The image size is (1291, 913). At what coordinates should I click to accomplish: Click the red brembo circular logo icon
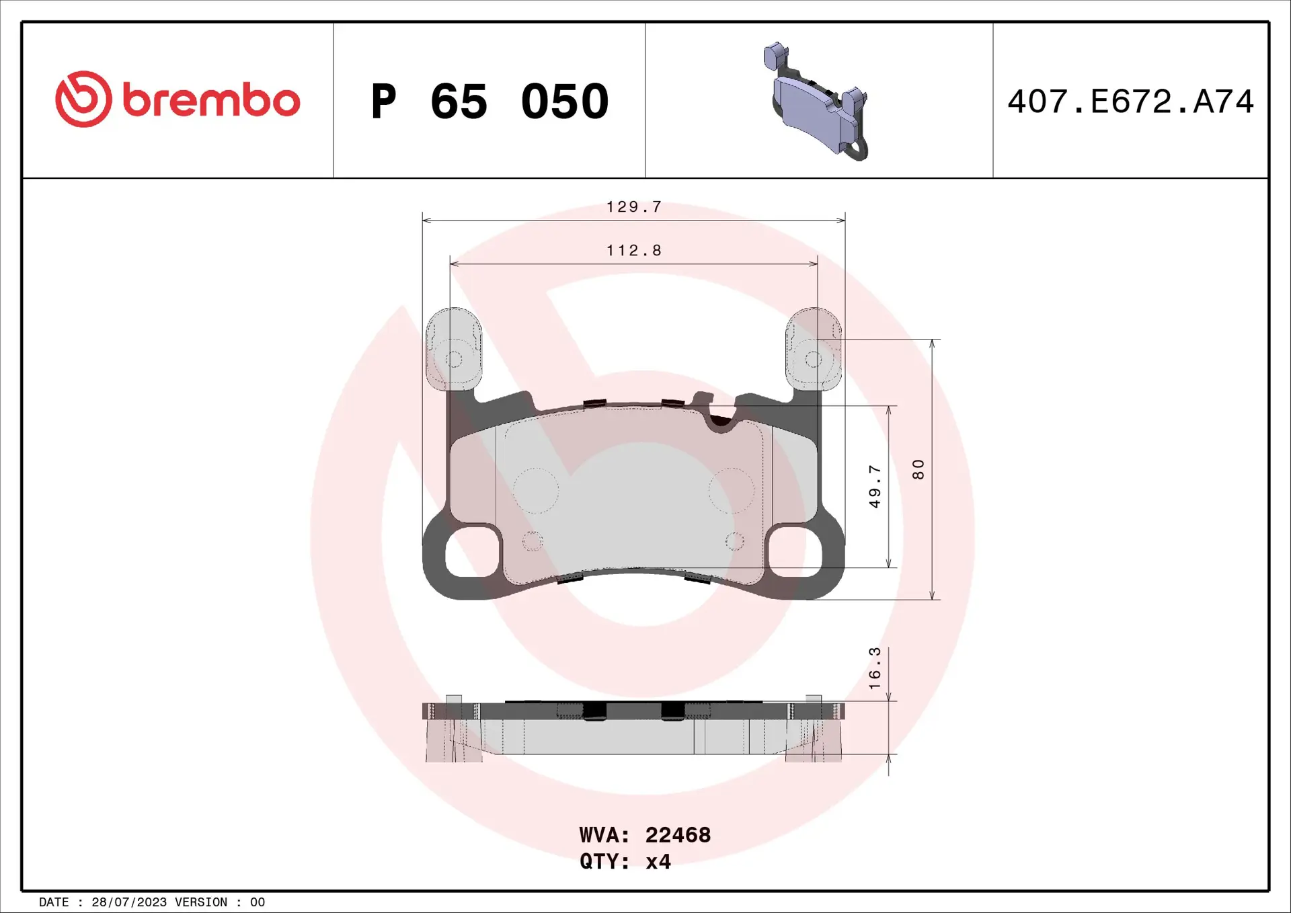(x=83, y=100)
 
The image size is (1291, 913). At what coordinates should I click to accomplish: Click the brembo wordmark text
(x=211, y=101)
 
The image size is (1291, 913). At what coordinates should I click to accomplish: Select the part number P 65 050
(x=490, y=102)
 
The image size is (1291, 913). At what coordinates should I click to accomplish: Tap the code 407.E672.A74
(x=1130, y=102)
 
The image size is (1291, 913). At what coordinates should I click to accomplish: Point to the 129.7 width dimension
(x=634, y=207)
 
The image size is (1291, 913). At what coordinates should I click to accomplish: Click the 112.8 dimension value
(x=634, y=251)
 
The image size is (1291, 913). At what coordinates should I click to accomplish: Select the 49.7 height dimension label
(x=874, y=486)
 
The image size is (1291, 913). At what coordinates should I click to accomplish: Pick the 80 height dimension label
(x=918, y=469)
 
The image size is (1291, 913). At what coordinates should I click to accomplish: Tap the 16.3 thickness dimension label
(x=874, y=668)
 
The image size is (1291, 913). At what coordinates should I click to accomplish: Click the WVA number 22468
(x=678, y=835)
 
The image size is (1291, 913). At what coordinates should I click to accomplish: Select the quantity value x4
(x=658, y=862)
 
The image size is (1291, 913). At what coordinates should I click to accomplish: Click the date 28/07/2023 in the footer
(x=129, y=902)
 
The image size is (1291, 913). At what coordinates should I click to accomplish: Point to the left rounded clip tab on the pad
(x=454, y=348)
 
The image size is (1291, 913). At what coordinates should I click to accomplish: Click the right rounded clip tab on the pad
(x=814, y=348)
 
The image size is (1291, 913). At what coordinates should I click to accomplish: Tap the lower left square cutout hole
(x=473, y=551)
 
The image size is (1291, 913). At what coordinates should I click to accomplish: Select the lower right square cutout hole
(x=795, y=551)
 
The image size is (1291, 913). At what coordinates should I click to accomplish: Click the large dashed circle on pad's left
(x=536, y=491)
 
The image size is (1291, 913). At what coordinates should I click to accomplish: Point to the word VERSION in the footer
(x=201, y=902)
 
